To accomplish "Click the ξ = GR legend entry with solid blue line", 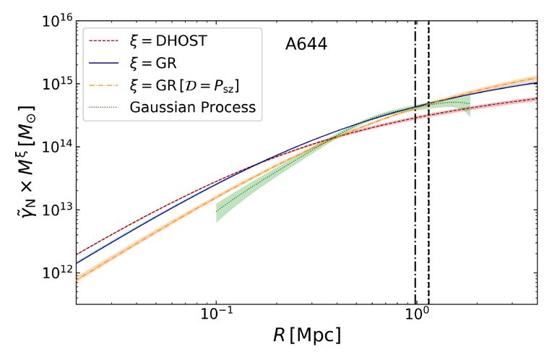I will pyautogui.click(x=158, y=63).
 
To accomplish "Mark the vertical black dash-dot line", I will pyautogui.click(x=415, y=217).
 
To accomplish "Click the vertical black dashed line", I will pyautogui.click(x=428, y=217).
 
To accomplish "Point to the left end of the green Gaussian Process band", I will pyautogui.click(x=217, y=212).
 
